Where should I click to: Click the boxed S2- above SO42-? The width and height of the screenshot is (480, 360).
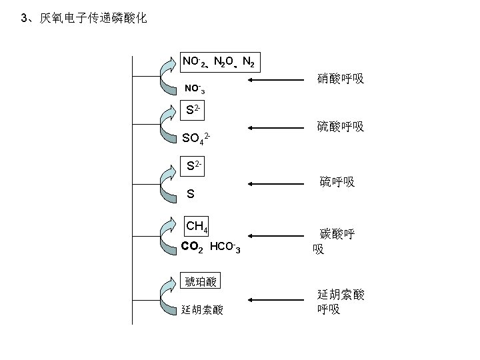click(x=195, y=109)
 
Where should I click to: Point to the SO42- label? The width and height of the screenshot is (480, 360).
click(x=197, y=139)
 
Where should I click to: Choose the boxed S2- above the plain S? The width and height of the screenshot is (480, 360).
click(x=195, y=165)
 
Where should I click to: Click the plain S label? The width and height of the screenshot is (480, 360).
click(x=191, y=195)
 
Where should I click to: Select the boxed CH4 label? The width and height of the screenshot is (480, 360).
click(x=197, y=227)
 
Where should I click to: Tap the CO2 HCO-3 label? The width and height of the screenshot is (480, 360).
click(x=211, y=248)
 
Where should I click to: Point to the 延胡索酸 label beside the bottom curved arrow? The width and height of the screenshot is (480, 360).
click(x=202, y=310)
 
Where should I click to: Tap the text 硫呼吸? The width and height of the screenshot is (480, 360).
click(x=337, y=181)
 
